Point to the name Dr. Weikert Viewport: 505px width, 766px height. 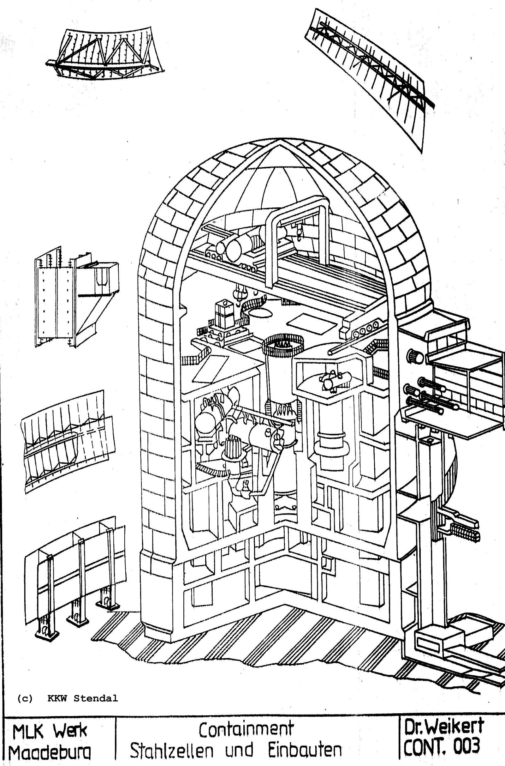point(444,728)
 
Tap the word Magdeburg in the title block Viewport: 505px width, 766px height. point(50,753)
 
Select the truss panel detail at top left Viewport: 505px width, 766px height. point(105,55)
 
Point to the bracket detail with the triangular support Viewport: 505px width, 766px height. point(77,297)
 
